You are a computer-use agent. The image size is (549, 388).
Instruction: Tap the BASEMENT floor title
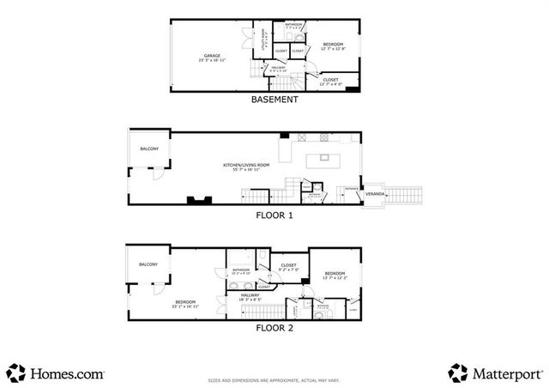click(274, 100)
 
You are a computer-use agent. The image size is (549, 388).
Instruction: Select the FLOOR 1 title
click(274, 215)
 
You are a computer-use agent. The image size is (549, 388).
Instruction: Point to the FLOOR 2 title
click(274, 327)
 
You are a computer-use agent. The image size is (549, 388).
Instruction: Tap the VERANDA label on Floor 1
click(375, 195)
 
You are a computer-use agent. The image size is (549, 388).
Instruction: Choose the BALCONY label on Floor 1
click(149, 149)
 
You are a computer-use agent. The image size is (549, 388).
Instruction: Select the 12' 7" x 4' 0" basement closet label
click(330, 81)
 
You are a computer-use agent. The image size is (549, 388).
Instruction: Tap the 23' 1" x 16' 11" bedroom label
click(186, 303)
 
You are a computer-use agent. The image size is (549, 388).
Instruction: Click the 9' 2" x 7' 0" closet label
click(288, 267)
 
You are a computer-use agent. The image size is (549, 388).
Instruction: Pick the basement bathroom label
click(294, 26)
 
